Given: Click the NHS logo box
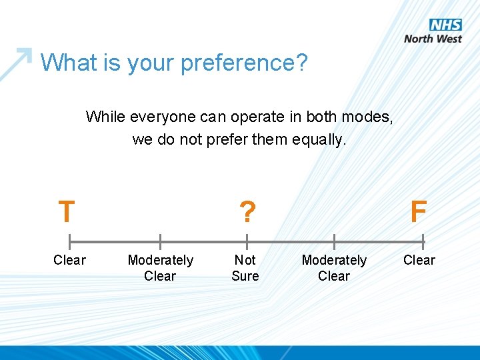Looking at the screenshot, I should (x=445, y=25).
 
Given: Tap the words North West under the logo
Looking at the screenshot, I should (x=433, y=39).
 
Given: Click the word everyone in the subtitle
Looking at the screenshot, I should (x=157, y=117).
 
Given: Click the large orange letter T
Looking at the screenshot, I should (x=66, y=212).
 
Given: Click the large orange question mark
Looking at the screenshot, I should (x=247, y=212).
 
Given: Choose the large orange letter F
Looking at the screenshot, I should (x=418, y=212).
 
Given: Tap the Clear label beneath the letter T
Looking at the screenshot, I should (x=69, y=260).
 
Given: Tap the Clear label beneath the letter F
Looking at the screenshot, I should (x=419, y=260).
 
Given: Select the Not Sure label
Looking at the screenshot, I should (x=245, y=268).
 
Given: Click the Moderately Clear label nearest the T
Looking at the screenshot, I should (x=160, y=268).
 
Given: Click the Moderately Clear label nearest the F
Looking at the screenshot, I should (x=334, y=268).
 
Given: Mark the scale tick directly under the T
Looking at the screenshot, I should (x=70, y=241).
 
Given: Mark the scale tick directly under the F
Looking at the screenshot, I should (x=423, y=241).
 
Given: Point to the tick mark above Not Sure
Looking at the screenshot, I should (x=247, y=241).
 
